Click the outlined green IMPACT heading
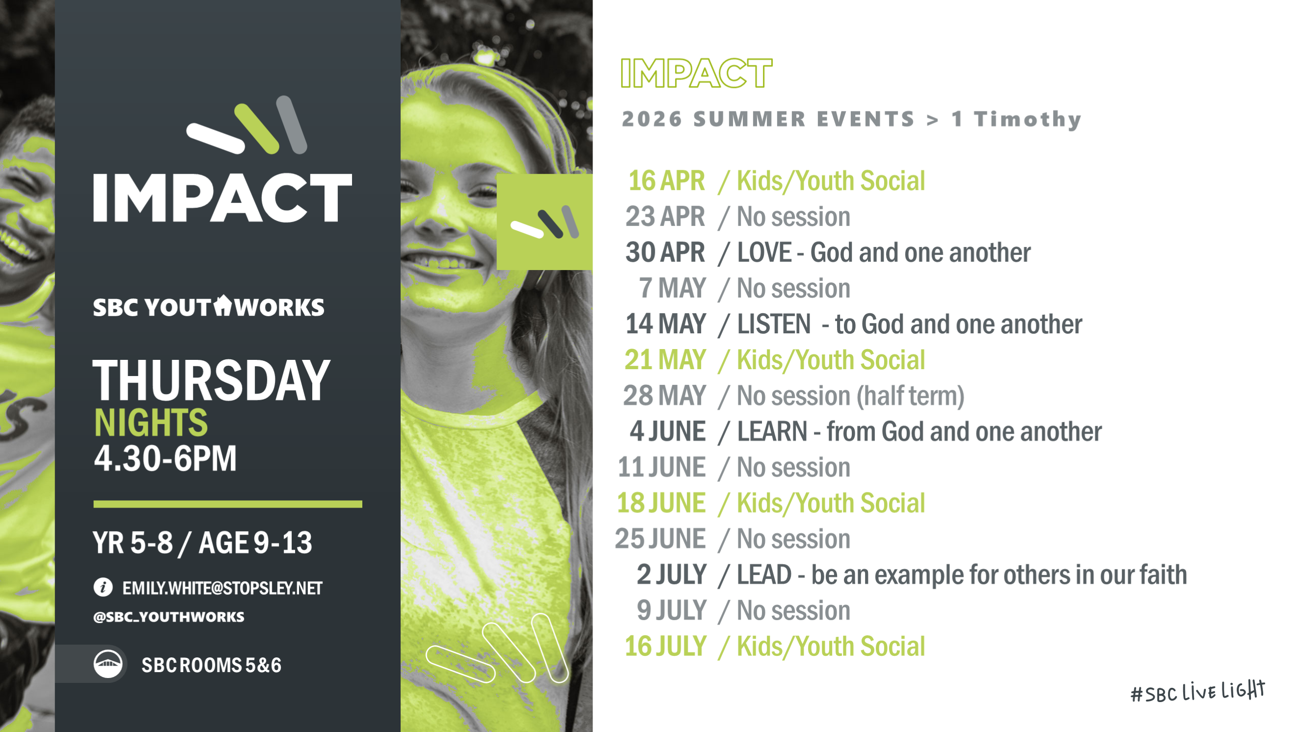[x=697, y=73]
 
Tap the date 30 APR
[x=665, y=252]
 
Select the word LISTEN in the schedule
[x=774, y=324]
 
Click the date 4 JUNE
[x=668, y=432]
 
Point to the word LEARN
[x=772, y=432]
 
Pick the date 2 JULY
[x=672, y=575]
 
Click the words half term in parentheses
[x=908, y=396]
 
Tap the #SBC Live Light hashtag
[x=1197, y=692]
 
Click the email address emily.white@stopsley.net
[x=222, y=588]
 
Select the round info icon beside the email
[x=103, y=588]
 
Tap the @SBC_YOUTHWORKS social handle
[x=169, y=617]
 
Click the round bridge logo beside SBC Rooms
[x=108, y=664]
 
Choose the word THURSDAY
[x=212, y=380]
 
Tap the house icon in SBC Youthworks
[x=222, y=305]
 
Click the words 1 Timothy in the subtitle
[x=1017, y=120]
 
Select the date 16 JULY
[x=666, y=647]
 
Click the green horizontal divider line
[x=228, y=504]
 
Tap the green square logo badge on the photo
[x=544, y=222]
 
